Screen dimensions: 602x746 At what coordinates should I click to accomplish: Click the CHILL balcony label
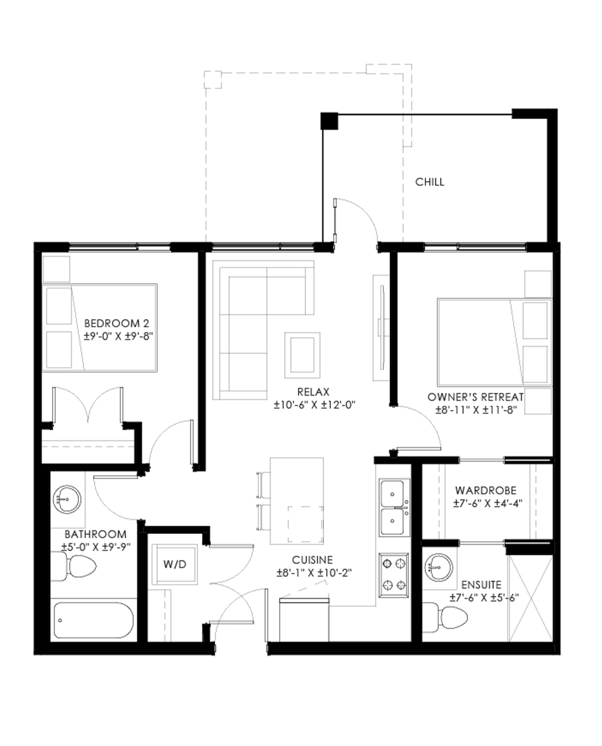tap(430, 182)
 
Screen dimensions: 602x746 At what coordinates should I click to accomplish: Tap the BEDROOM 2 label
tap(117, 323)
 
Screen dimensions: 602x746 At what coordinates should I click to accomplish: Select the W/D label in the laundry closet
tap(174, 564)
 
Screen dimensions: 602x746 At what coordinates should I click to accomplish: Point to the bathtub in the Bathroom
tap(94, 619)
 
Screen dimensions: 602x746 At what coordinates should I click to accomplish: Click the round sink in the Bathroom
tap(67, 500)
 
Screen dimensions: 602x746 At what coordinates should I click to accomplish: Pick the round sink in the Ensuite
tap(439, 567)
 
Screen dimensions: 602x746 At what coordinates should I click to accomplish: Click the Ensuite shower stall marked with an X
tap(530, 598)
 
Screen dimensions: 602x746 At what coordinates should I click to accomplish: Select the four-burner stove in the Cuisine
tap(394, 574)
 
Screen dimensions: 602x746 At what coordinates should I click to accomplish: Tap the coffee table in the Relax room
tap(302, 355)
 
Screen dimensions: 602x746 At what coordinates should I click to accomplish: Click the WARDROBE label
tap(486, 490)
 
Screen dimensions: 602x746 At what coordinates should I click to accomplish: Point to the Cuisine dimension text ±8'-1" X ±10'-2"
tap(314, 573)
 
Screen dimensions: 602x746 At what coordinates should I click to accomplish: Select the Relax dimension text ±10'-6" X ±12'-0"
tap(315, 405)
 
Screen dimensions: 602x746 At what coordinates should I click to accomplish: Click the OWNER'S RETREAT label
tap(476, 397)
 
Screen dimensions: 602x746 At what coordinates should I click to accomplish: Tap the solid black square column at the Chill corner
tap(329, 121)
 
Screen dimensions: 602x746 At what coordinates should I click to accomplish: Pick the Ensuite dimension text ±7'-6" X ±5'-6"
tap(484, 597)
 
